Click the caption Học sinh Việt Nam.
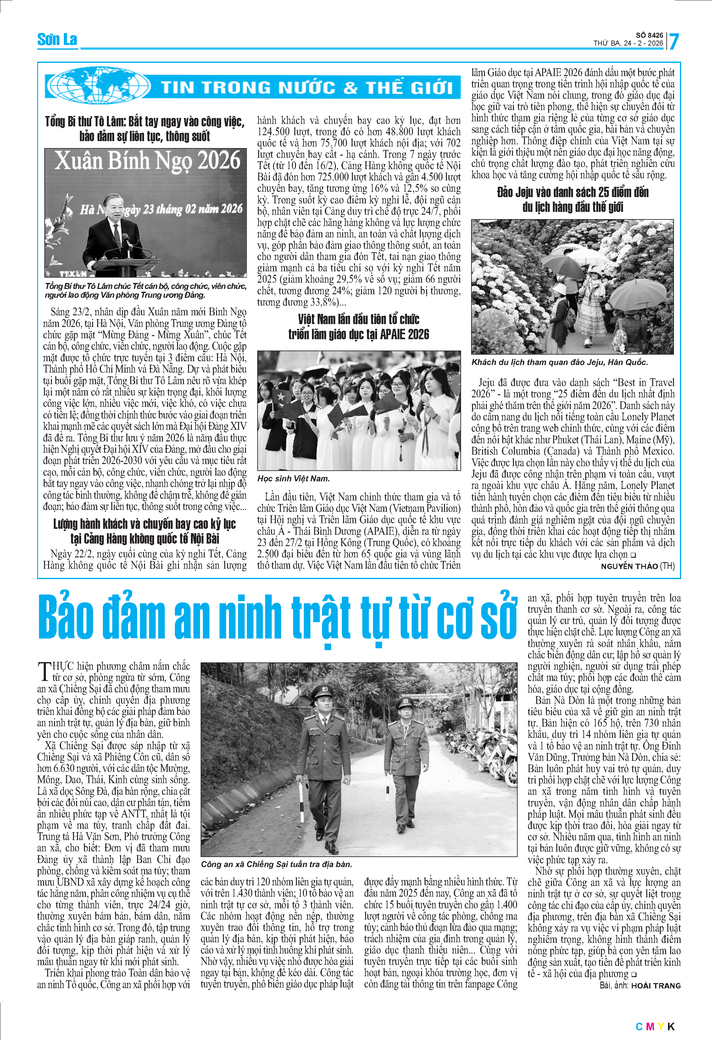tap(293, 479)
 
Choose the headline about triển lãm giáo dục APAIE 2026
tap(359, 327)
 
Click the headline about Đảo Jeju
tap(572, 200)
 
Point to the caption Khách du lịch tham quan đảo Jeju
tap(559, 362)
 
